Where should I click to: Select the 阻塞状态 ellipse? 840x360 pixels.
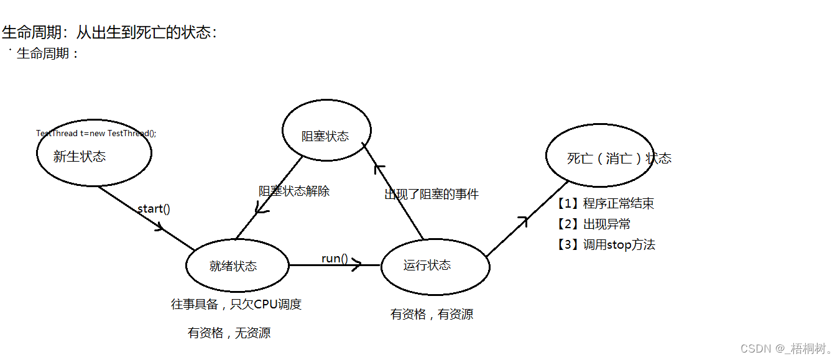(x=326, y=131)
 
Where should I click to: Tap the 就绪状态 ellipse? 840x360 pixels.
(x=237, y=265)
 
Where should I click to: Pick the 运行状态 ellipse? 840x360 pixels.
(x=435, y=265)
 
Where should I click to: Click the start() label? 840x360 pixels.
(x=154, y=208)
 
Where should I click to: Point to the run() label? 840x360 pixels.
(x=334, y=258)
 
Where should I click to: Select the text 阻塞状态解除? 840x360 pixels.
(x=294, y=191)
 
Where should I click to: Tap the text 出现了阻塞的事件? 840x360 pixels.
(x=432, y=194)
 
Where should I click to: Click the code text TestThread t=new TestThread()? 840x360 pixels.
(x=96, y=133)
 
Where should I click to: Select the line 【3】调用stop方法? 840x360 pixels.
(x=604, y=244)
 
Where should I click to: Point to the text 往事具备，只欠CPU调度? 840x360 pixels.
(x=236, y=304)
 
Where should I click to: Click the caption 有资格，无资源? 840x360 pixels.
(x=229, y=333)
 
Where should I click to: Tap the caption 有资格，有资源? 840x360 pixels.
(x=432, y=314)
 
